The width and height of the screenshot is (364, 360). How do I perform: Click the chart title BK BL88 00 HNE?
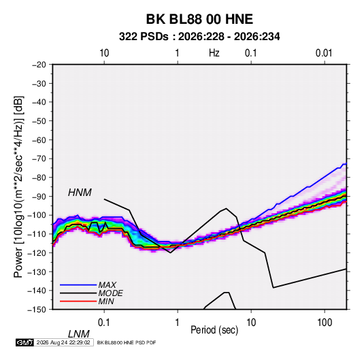[199, 19]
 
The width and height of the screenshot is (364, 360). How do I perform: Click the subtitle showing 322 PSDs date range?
[199, 37]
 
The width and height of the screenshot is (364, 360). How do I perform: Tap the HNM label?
[80, 193]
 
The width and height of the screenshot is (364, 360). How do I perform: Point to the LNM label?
[78, 334]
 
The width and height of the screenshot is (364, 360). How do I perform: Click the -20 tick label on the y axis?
[39, 65]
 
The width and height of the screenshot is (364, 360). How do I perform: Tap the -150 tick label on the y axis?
[37, 310]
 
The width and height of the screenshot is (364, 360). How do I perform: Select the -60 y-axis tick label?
[39, 140]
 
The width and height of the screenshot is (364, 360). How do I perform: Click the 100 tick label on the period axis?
[325, 323]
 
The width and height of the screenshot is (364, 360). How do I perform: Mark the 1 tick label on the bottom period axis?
[178, 323]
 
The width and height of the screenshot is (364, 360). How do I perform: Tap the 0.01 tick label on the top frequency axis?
[324, 53]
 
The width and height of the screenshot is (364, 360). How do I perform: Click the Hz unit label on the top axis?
[214, 53]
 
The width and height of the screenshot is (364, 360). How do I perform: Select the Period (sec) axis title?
[214, 330]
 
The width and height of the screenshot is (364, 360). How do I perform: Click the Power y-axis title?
[18, 187]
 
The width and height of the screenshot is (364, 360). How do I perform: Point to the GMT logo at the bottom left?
[25, 342]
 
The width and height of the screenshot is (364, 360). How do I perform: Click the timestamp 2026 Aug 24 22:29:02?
[63, 342]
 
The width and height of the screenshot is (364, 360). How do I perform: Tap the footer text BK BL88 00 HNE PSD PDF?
[127, 342]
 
